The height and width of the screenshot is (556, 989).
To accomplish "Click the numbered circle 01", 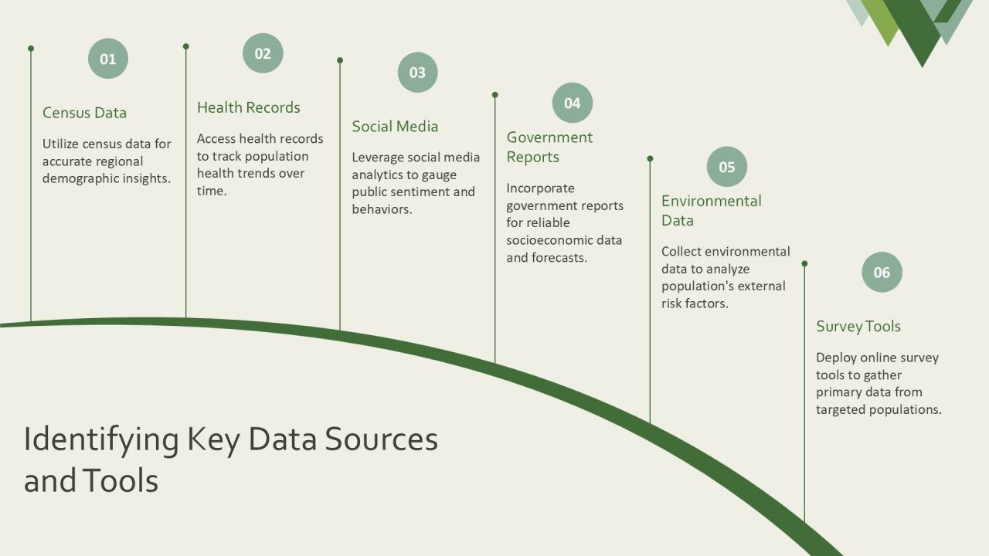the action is (108, 58).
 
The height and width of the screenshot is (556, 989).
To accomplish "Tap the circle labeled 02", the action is (263, 53).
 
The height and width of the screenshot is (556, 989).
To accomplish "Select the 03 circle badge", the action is (418, 73).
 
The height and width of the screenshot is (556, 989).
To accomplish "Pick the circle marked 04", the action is (573, 103).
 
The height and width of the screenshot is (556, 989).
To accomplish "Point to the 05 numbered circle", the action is (727, 167).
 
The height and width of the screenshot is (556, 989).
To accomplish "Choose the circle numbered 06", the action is (882, 273).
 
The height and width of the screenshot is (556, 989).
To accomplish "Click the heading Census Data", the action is (84, 113).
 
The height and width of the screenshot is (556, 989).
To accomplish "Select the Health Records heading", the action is (249, 107).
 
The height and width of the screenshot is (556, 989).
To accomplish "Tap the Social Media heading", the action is (395, 127).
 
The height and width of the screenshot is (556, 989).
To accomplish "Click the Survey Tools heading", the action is (858, 327).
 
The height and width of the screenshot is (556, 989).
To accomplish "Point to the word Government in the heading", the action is (549, 137).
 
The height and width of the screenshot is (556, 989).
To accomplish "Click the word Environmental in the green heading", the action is (712, 201).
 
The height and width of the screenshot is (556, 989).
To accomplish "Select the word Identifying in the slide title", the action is (101, 440).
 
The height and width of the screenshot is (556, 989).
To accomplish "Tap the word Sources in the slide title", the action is (382, 439).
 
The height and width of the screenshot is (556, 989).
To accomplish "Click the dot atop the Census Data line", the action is (31, 49).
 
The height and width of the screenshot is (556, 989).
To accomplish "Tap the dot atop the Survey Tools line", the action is (804, 263).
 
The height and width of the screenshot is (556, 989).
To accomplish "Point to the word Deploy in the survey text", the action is (836, 358).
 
